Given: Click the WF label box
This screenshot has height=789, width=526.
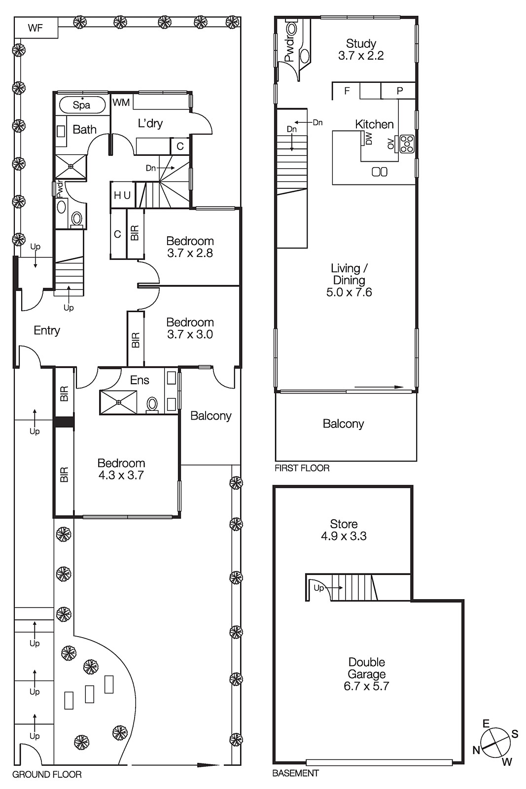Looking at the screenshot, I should click(35, 28).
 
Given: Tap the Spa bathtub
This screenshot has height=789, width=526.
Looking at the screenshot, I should click(82, 105).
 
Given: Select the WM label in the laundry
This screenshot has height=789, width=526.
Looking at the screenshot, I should click(121, 103).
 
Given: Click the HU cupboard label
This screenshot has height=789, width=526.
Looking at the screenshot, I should click(122, 196).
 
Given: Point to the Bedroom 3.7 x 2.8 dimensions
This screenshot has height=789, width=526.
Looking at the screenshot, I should click(190, 253).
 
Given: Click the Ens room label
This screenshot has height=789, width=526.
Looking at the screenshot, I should click(140, 380).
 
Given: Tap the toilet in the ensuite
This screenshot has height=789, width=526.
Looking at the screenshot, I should click(152, 404).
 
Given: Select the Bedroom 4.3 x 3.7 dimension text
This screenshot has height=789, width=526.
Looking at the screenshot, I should click(121, 475).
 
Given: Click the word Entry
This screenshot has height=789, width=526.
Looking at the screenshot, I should click(47, 330).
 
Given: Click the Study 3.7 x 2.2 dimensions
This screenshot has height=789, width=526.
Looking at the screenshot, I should click(361, 56).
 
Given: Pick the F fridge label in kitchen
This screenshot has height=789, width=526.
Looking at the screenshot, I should click(347, 91).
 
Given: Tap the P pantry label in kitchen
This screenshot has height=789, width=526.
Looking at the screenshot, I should click(400, 91).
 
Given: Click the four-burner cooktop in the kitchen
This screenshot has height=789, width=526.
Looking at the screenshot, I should click(407, 143).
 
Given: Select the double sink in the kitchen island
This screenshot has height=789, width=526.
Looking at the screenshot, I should click(379, 172).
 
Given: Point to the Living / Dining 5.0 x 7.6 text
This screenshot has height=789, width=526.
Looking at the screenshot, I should click(349, 280).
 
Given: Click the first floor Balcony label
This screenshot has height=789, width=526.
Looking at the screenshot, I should click(343, 424).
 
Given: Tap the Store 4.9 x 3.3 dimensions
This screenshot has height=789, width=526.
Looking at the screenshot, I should click(344, 536).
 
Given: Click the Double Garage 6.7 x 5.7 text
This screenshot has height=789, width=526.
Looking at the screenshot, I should click(366, 674).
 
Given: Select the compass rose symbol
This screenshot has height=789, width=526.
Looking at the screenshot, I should click(495, 743).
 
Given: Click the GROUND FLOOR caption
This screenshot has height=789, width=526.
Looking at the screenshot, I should click(47, 775).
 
